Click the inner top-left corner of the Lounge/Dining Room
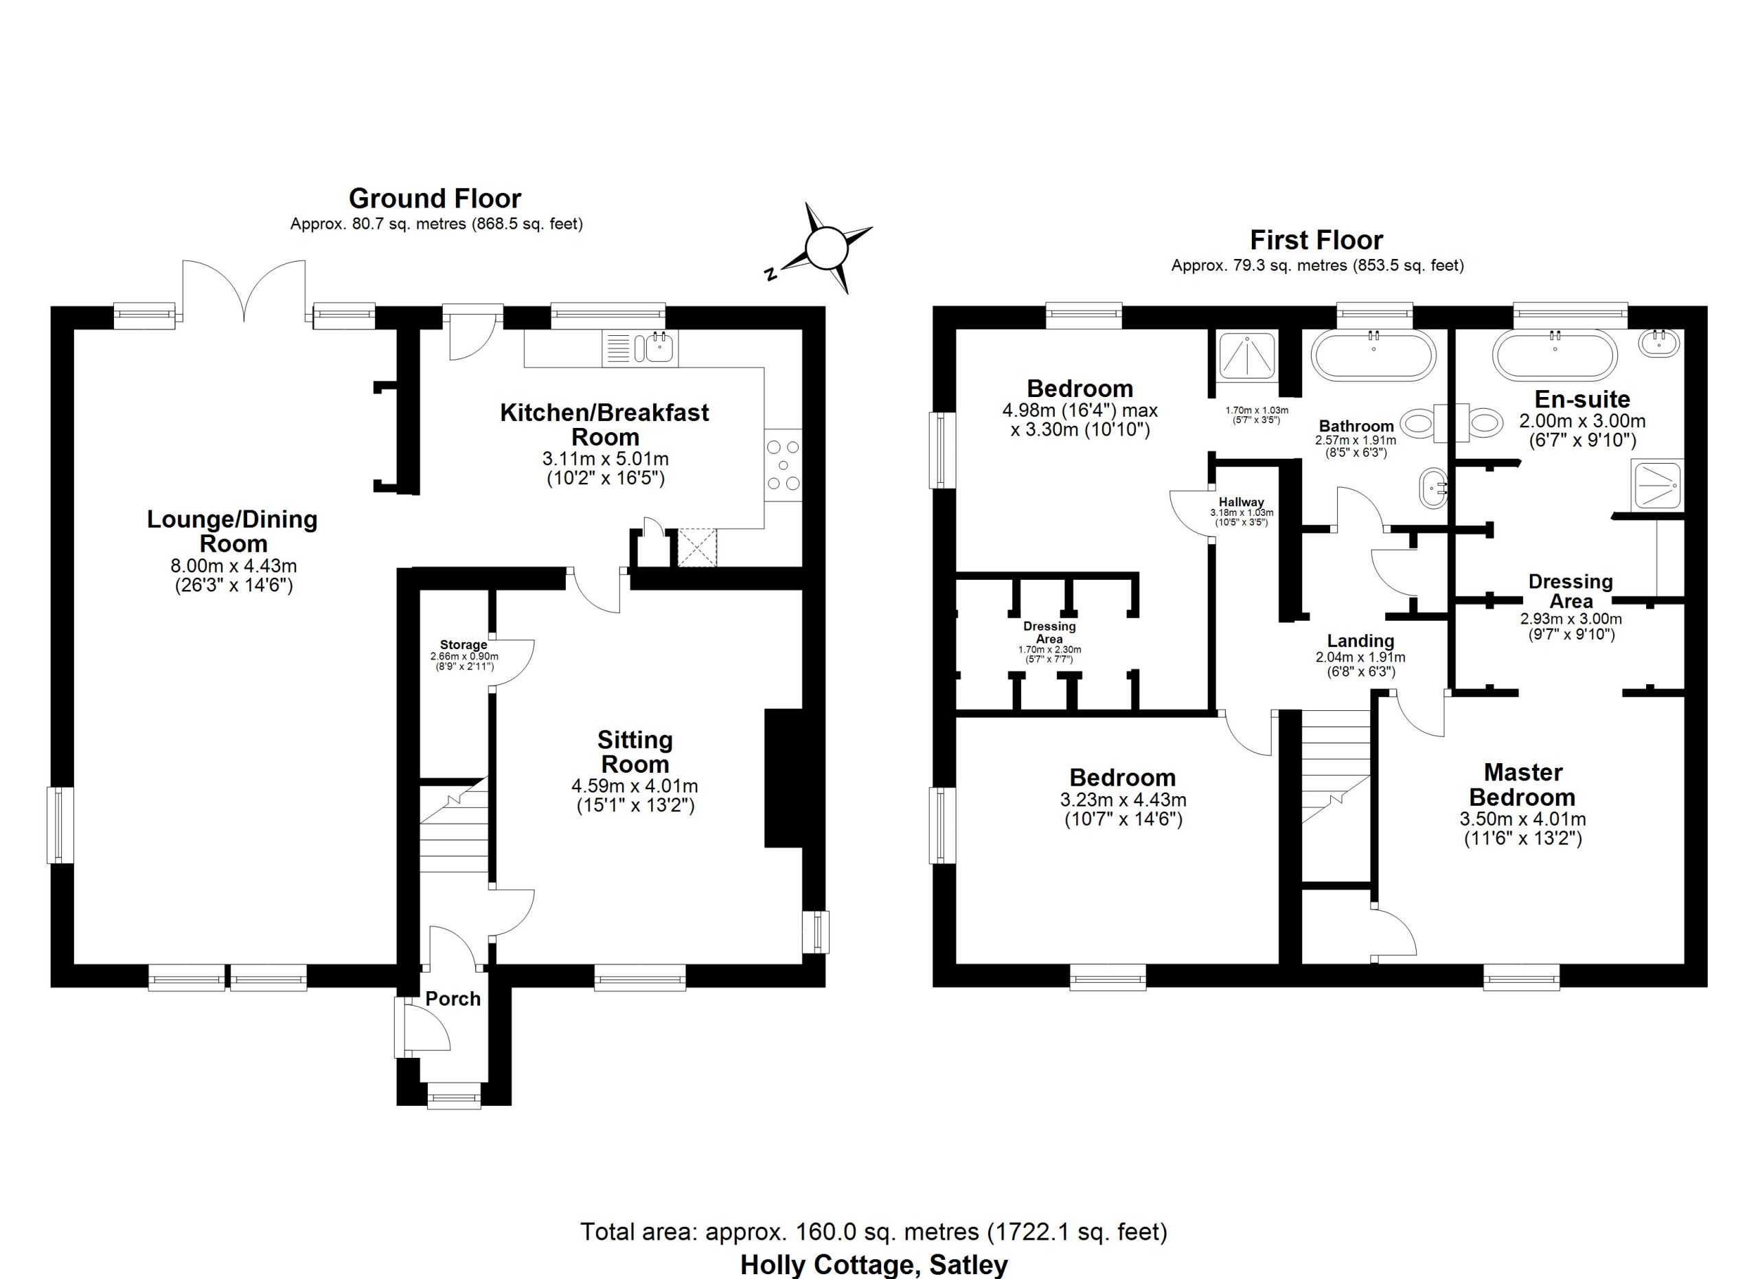pyautogui.click(x=73, y=330)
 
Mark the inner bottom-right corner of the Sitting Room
pyautogui.click(x=802, y=964)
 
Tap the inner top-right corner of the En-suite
pyautogui.click(x=1685, y=330)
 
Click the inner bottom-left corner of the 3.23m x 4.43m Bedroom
pyautogui.click(x=956, y=964)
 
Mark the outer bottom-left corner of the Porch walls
pyautogui.click(x=397, y=1105)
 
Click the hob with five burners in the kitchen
pyautogui.click(x=783, y=465)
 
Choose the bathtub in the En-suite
pyautogui.click(x=1555, y=355)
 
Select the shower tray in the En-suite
pyautogui.click(x=1657, y=485)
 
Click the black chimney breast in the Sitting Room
pyautogui.click(x=784, y=778)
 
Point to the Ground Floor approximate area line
pyautogui.click(x=436, y=224)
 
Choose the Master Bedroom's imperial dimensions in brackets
pyautogui.click(x=1522, y=838)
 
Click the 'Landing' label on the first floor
pyautogui.click(x=1360, y=641)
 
